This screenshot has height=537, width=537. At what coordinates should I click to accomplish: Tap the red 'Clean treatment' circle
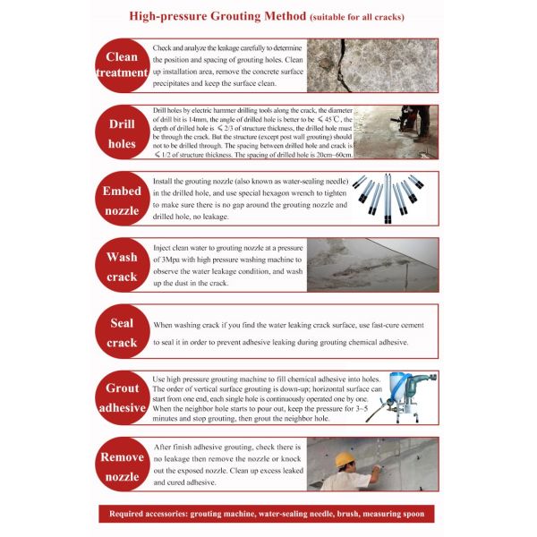pos(122,65)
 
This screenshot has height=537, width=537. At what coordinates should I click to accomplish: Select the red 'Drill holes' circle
pos(122,133)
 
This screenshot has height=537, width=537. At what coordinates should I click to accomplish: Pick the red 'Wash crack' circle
pos(122,266)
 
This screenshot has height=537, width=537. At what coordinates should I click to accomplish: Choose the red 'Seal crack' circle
pos(122,332)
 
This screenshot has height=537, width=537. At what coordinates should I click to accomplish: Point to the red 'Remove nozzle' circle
pos(122,465)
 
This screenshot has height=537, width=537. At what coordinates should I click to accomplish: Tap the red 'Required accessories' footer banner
pos(268,514)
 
